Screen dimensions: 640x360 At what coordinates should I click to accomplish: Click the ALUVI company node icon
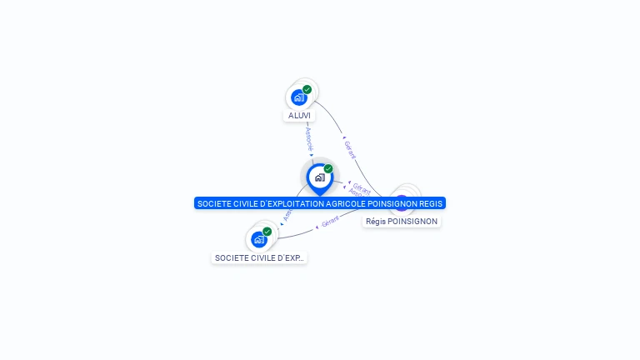point(298,97)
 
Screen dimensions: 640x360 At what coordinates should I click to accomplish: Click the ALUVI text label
point(299,115)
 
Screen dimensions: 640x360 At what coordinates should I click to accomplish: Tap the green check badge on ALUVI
point(307,89)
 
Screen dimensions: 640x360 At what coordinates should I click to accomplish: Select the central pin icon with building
point(319,177)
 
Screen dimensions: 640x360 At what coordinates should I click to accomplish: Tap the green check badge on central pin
point(328,168)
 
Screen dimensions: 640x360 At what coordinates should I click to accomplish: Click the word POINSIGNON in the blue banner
point(392,203)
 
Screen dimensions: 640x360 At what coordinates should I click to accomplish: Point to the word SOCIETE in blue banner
point(212,203)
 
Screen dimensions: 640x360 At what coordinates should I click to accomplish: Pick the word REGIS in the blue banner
point(431,203)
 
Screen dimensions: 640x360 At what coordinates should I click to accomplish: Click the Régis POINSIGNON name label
point(402,222)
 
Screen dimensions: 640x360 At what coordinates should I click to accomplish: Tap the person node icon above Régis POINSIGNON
point(402,200)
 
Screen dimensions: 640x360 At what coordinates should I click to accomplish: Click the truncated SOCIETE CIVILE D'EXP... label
point(259,258)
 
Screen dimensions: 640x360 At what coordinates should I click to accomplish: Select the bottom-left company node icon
point(258,239)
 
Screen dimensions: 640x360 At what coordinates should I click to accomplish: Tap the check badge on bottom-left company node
point(267,231)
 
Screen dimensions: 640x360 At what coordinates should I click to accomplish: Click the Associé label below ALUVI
point(309,137)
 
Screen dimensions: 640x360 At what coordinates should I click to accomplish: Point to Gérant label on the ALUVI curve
point(350,150)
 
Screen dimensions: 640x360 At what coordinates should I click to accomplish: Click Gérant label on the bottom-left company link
point(330,222)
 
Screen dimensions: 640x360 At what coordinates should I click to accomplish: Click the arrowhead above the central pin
point(312,155)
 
